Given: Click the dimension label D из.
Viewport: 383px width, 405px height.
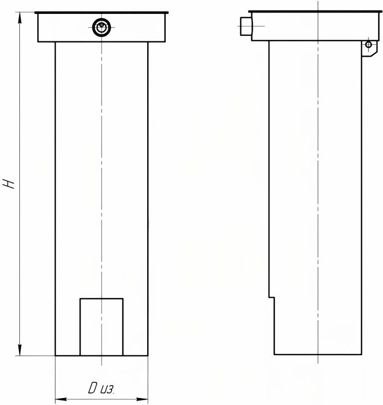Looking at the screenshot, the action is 101,388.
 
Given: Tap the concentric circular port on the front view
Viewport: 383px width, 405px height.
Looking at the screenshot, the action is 102,27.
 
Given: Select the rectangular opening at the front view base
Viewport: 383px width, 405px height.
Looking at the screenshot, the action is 101,327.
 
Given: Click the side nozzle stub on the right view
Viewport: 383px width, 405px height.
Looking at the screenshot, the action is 246,26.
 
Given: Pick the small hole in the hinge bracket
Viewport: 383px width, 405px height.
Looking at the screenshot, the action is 369,45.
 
